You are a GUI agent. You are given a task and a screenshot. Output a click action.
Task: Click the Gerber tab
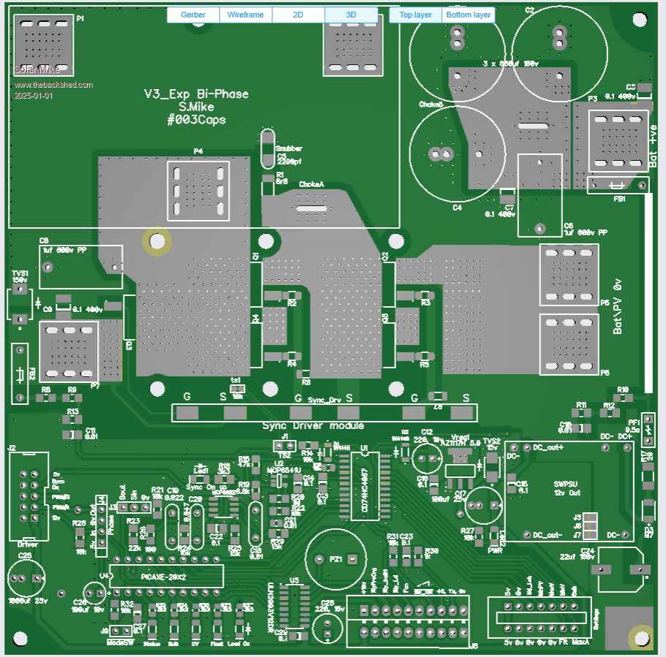(193, 15)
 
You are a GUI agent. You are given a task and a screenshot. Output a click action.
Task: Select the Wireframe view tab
(246, 15)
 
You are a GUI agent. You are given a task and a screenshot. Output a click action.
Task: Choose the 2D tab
(298, 15)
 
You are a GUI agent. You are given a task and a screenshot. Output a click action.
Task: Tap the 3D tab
(351, 15)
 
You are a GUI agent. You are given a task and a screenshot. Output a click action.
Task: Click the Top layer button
(415, 15)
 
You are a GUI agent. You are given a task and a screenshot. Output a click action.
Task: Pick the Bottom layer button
(469, 15)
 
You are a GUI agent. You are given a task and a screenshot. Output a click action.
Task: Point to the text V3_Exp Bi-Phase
(196, 94)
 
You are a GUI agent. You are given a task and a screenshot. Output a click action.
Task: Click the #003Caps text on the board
(196, 120)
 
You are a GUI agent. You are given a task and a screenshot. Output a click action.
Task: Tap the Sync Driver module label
(313, 425)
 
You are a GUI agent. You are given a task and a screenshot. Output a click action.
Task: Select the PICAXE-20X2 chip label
(166, 576)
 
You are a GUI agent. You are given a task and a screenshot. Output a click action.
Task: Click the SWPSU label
(566, 483)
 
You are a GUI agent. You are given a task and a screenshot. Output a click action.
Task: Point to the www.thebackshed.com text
(53, 85)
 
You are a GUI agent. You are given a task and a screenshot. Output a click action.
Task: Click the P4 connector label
(198, 151)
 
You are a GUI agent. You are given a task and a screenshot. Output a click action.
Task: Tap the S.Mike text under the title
(196, 107)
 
